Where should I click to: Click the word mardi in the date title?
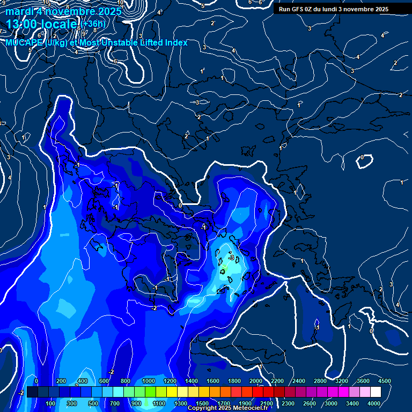tap(19, 12)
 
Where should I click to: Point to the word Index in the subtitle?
tap(175, 42)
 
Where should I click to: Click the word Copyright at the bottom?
tap(202, 408)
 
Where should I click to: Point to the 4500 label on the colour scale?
tap(384, 381)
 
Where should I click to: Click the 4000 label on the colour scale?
tap(374, 403)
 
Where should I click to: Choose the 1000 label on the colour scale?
tap(149, 381)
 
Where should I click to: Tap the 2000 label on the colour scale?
tap(256, 381)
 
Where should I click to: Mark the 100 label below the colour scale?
tap(50, 403)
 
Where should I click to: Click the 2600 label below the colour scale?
tap(310, 403)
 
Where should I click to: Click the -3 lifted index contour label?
tap(231, 257)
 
